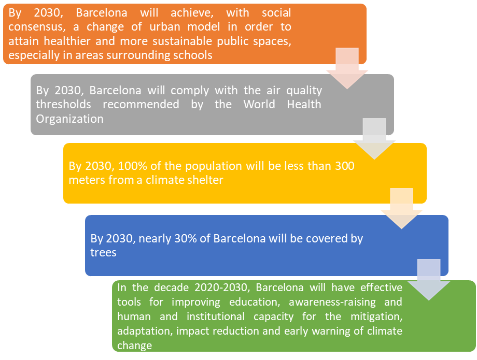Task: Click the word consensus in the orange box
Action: click(x=35, y=26)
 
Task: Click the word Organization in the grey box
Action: click(x=69, y=119)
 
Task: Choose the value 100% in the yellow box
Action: click(x=132, y=166)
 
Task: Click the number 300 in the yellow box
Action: click(x=345, y=166)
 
